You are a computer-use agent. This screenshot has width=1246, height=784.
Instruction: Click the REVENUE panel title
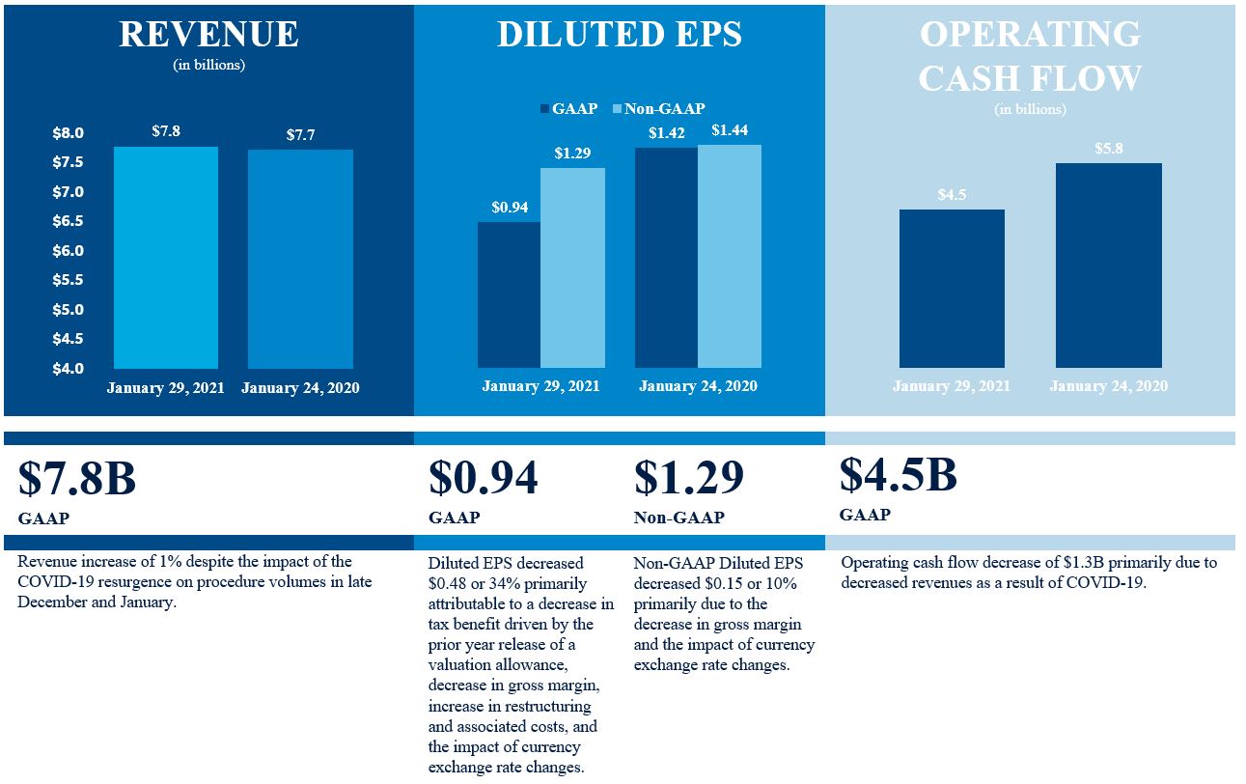(208, 35)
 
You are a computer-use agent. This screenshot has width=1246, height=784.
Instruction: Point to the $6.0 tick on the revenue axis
(68, 251)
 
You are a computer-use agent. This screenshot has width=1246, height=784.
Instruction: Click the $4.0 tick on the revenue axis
(68, 369)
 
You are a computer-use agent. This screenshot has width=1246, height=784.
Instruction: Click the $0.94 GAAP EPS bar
(509, 294)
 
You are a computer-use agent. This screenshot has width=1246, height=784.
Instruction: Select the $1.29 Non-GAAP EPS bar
(572, 267)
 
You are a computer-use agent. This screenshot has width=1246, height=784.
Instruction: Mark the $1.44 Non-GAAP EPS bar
(730, 256)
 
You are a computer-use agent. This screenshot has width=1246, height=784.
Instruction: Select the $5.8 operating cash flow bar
(1108, 266)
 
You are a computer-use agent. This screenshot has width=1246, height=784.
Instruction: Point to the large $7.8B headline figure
(76, 479)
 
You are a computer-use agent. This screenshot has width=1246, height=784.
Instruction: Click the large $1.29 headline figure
(688, 478)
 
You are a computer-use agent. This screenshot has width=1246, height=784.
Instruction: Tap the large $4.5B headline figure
(898, 474)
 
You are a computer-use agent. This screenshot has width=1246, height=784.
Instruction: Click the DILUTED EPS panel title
(620, 35)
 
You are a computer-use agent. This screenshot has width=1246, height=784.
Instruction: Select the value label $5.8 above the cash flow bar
(1109, 150)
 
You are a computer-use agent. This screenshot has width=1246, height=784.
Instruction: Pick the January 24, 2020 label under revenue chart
(300, 388)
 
